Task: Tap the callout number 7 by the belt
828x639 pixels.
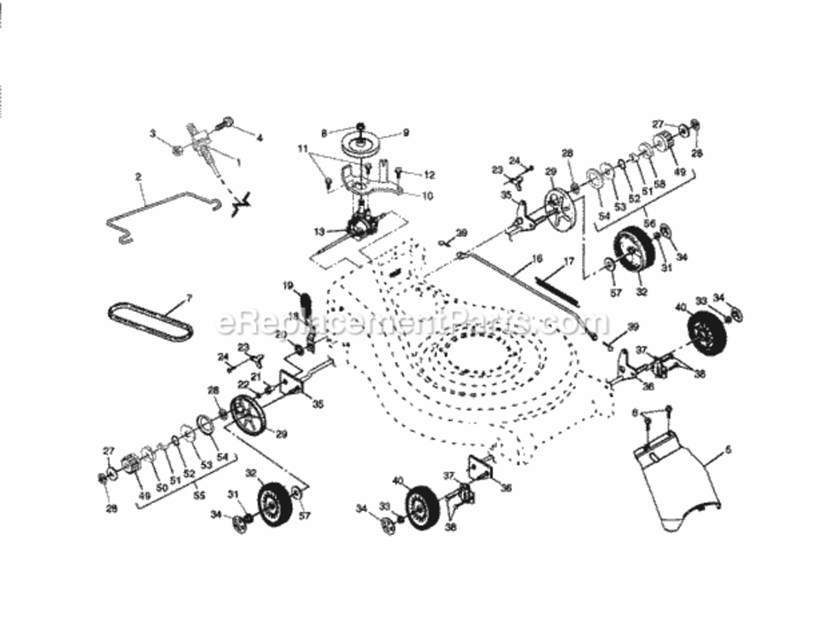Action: coord(188,298)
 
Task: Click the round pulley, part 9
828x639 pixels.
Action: coord(363,145)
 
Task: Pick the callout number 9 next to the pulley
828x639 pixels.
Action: coord(406,133)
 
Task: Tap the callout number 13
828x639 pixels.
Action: coord(319,231)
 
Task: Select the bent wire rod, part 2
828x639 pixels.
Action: coord(162,213)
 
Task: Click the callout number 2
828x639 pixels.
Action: coord(138,177)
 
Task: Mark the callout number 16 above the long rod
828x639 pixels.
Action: coord(536,256)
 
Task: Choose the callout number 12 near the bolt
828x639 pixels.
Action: coord(429,175)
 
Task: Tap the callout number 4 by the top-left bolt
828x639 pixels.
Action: coord(260,137)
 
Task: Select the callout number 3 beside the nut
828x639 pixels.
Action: coord(153,134)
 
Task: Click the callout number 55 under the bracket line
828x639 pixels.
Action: coord(201,494)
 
